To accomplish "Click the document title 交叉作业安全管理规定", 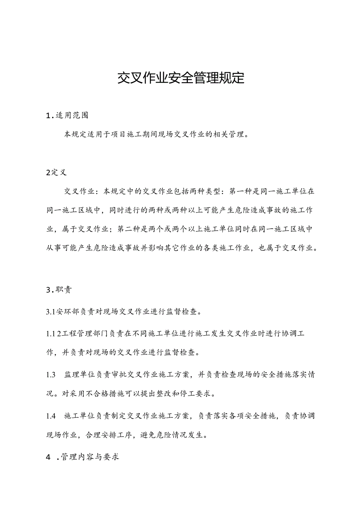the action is (181, 78).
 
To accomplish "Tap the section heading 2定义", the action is (56, 173).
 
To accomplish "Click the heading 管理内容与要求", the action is (90, 457).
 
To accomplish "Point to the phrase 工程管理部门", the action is (86, 333).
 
